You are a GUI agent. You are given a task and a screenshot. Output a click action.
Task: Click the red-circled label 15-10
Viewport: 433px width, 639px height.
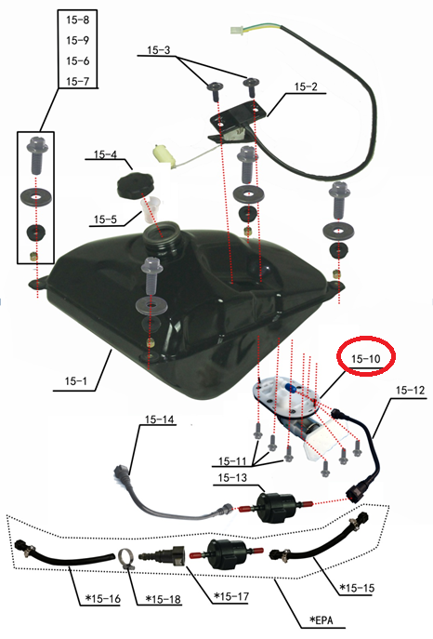click(x=365, y=359)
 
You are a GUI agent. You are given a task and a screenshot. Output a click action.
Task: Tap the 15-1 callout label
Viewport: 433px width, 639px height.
click(x=75, y=381)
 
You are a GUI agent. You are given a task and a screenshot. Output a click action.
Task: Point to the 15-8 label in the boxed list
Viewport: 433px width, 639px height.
click(x=77, y=20)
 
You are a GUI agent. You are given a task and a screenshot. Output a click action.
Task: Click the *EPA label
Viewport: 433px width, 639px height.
click(x=321, y=619)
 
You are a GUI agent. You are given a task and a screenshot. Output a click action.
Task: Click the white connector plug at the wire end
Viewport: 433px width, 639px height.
click(x=236, y=31)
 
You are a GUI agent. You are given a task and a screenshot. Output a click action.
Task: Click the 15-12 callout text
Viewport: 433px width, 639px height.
click(x=410, y=390)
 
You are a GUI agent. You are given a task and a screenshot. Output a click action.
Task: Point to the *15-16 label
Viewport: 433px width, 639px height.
click(x=103, y=599)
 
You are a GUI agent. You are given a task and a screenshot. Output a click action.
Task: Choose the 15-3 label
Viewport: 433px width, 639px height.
click(x=159, y=50)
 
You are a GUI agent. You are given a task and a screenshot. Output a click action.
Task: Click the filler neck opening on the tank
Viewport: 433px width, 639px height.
click(x=160, y=233)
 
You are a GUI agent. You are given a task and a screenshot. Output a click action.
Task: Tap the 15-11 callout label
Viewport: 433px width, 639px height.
click(x=232, y=461)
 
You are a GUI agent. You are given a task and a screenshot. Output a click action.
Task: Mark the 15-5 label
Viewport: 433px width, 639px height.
click(x=105, y=220)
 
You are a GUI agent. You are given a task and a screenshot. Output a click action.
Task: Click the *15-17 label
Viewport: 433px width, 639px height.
click(x=231, y=596)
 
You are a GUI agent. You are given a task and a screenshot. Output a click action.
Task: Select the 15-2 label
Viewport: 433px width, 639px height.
click(x=306, y=87)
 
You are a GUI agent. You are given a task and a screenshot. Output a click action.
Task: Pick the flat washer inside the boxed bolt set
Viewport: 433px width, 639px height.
click(x=36, y=197)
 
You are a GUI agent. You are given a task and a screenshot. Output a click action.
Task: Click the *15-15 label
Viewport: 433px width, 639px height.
click(x=357, y=588)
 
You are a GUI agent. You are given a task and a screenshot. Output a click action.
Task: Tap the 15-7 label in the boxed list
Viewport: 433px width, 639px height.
click(x=77, y=81)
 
